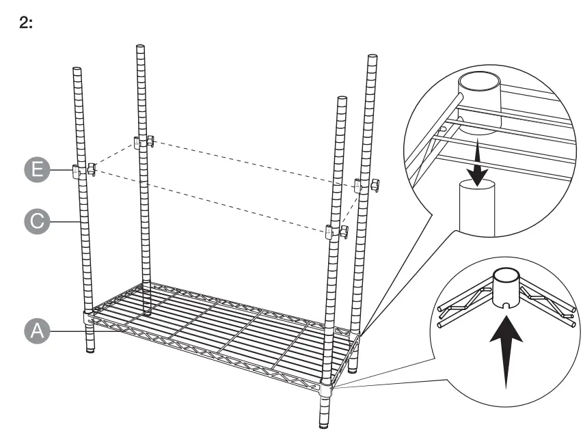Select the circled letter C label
tap(42, 221)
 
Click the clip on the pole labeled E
tap(81, 171)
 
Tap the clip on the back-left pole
tap(144, 142)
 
